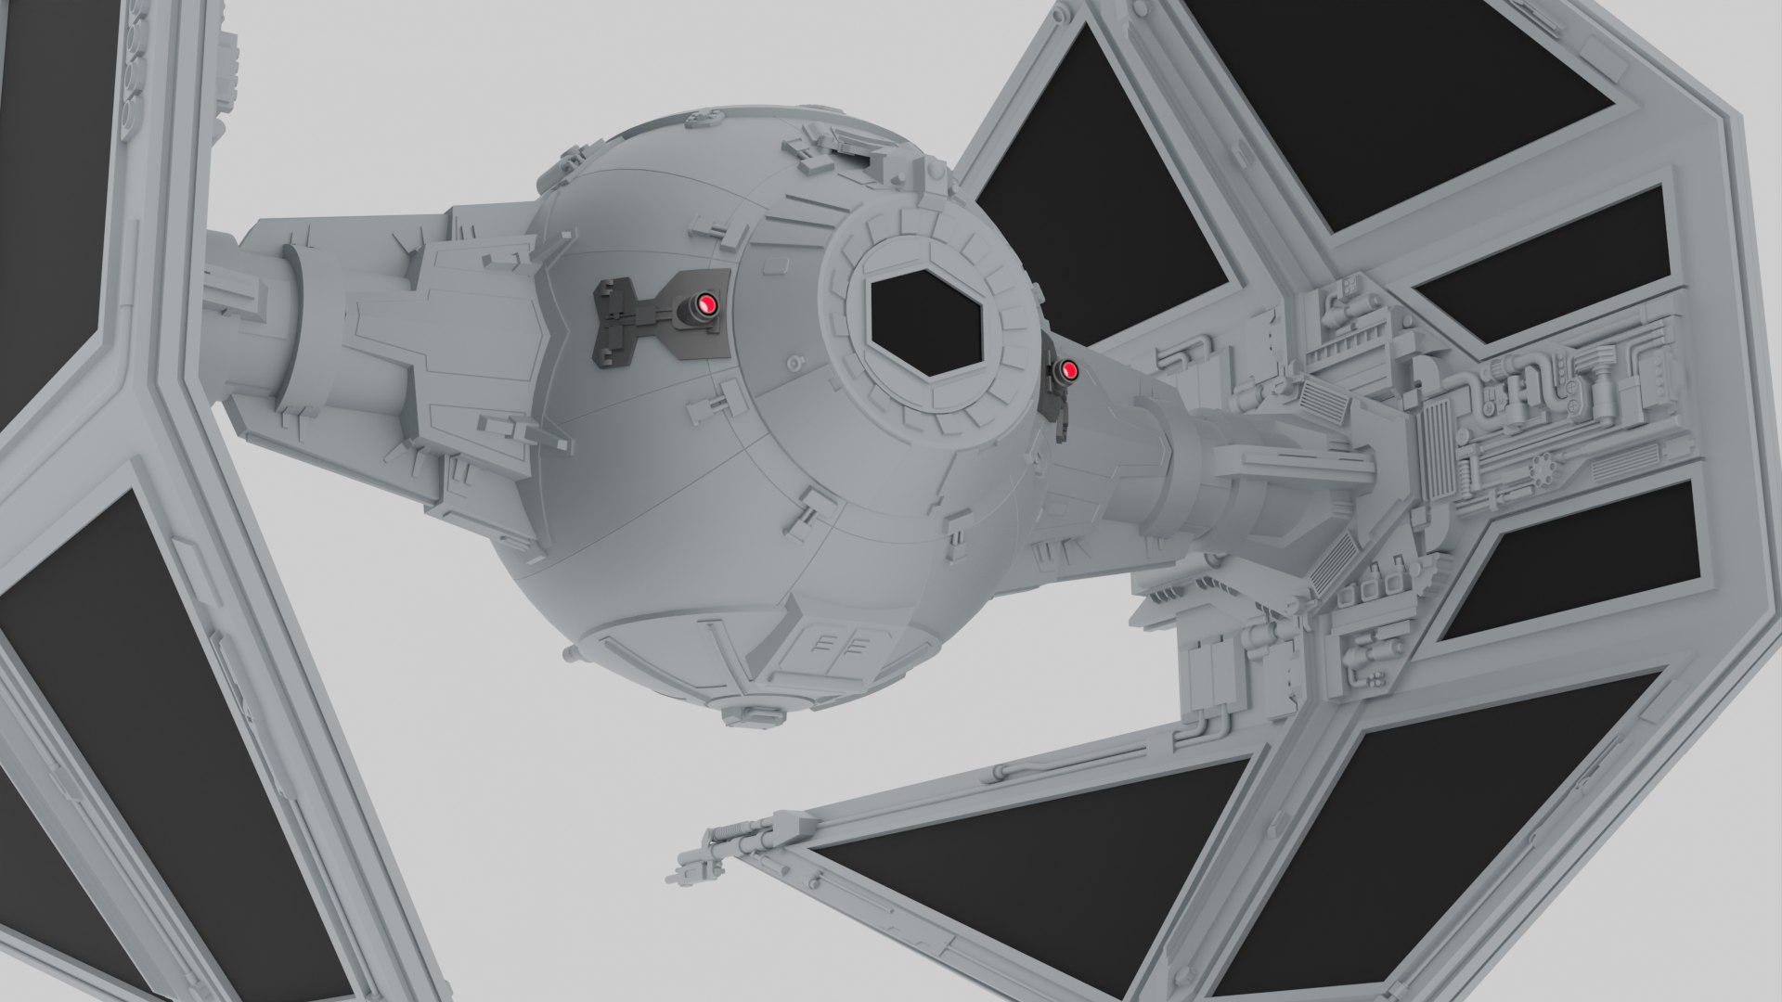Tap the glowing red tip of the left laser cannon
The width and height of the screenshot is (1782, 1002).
(x=707, y=302)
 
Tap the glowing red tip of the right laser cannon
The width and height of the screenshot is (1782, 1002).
(x=1069, y=372)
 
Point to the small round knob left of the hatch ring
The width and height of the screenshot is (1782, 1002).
(x=794, y=363)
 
